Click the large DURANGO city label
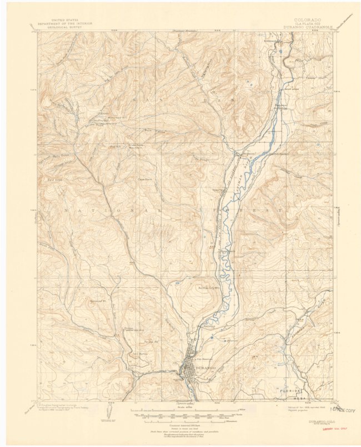click(x=204, y=367)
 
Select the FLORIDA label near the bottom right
click(x=292, y=390)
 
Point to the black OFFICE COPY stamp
click(x=344, y=410)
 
